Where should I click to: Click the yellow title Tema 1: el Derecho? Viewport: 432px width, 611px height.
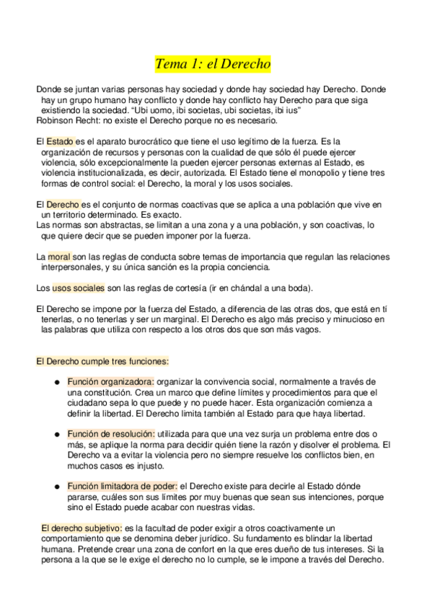pos(213,64)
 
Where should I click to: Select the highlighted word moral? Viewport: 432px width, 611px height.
pos(58,257)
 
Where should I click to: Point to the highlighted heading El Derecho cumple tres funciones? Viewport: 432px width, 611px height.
pos(102,361)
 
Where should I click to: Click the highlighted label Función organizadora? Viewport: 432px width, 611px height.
pos(110,381)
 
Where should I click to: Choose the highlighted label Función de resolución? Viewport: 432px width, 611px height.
pos(111,434)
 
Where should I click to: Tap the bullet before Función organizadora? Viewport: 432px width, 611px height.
pos(56,382)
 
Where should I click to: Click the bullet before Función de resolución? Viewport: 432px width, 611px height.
pos(56,434)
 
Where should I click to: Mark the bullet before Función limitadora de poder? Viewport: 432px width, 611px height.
pos(56,487)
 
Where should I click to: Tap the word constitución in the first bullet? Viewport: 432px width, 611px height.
pos(98,392)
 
